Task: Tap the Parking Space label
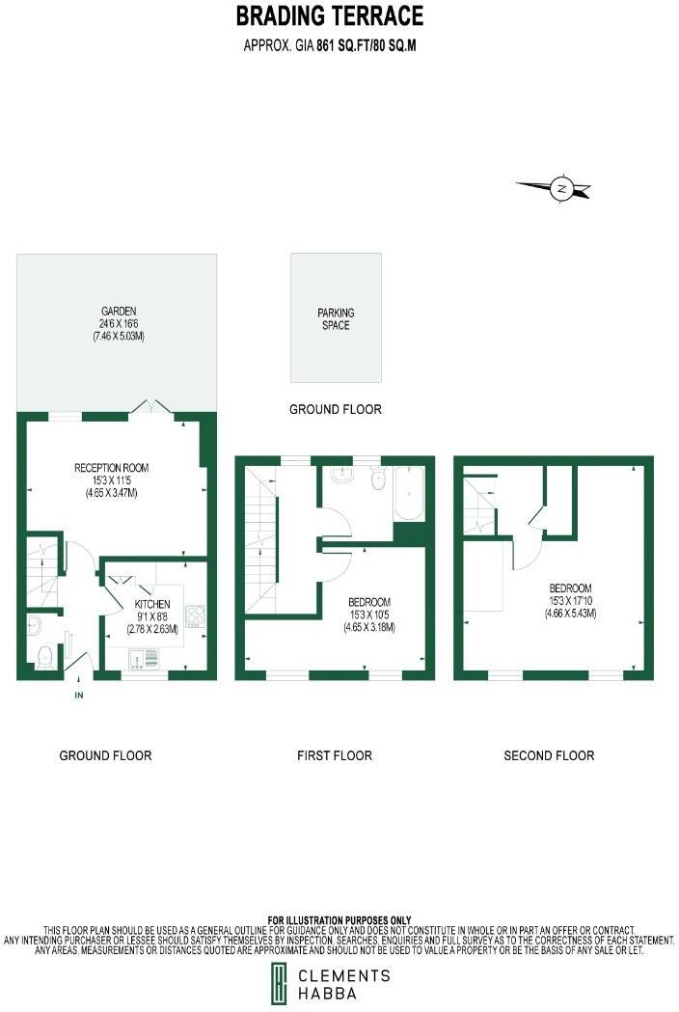[336, 319]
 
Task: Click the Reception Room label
[112, 480]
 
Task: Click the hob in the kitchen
[195, 616]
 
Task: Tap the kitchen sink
[146, 659]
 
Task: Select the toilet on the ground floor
[41, 659]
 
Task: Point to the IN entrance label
[78, 695]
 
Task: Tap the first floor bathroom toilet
[378, 478]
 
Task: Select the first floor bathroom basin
[340, 475]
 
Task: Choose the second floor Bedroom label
[570, 601]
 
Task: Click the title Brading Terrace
[330, 16]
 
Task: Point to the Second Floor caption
[549, 755]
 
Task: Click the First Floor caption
[334, 755]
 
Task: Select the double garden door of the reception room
[151, 408]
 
